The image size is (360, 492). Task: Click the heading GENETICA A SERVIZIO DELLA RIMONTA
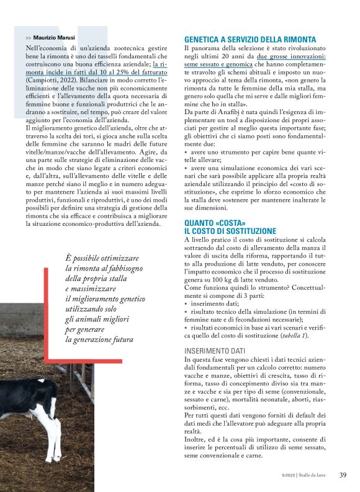(x=250, y=39)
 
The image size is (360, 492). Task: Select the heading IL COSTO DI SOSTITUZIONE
(x=230, y=231)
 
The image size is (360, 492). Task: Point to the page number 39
(x=343, y=475)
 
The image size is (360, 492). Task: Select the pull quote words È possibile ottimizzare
(x=102, y=258)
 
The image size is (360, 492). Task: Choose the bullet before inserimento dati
(x=186, y=304)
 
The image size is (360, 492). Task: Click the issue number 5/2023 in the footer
(x=288, y=476)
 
